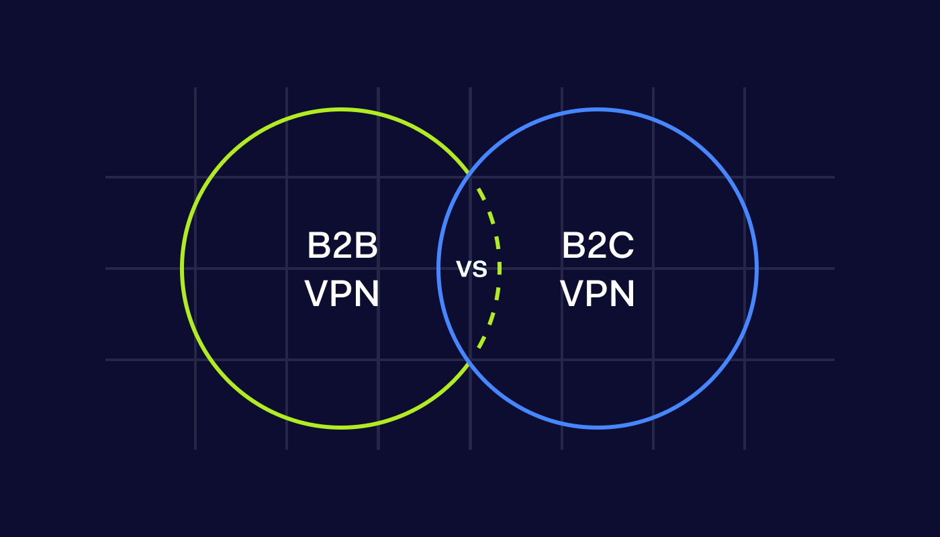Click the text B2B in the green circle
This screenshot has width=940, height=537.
(x=342, y=246)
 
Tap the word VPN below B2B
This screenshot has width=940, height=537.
(x=342, y=294)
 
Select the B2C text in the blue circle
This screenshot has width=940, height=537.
(x=598, y=246)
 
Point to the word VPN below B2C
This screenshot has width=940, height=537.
(x=598, y=294)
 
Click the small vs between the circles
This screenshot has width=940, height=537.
(x=471, y=269)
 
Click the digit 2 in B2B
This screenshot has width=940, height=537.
(x=342, y=246)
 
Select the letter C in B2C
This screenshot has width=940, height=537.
(x=621, y=246)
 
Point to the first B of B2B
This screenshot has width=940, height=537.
(x=318, y=246)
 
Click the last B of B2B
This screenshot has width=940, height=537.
(x=367, y=246)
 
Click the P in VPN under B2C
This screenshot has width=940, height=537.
(x=597, y=294)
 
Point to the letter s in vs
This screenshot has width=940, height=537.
(x=480, y=270)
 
